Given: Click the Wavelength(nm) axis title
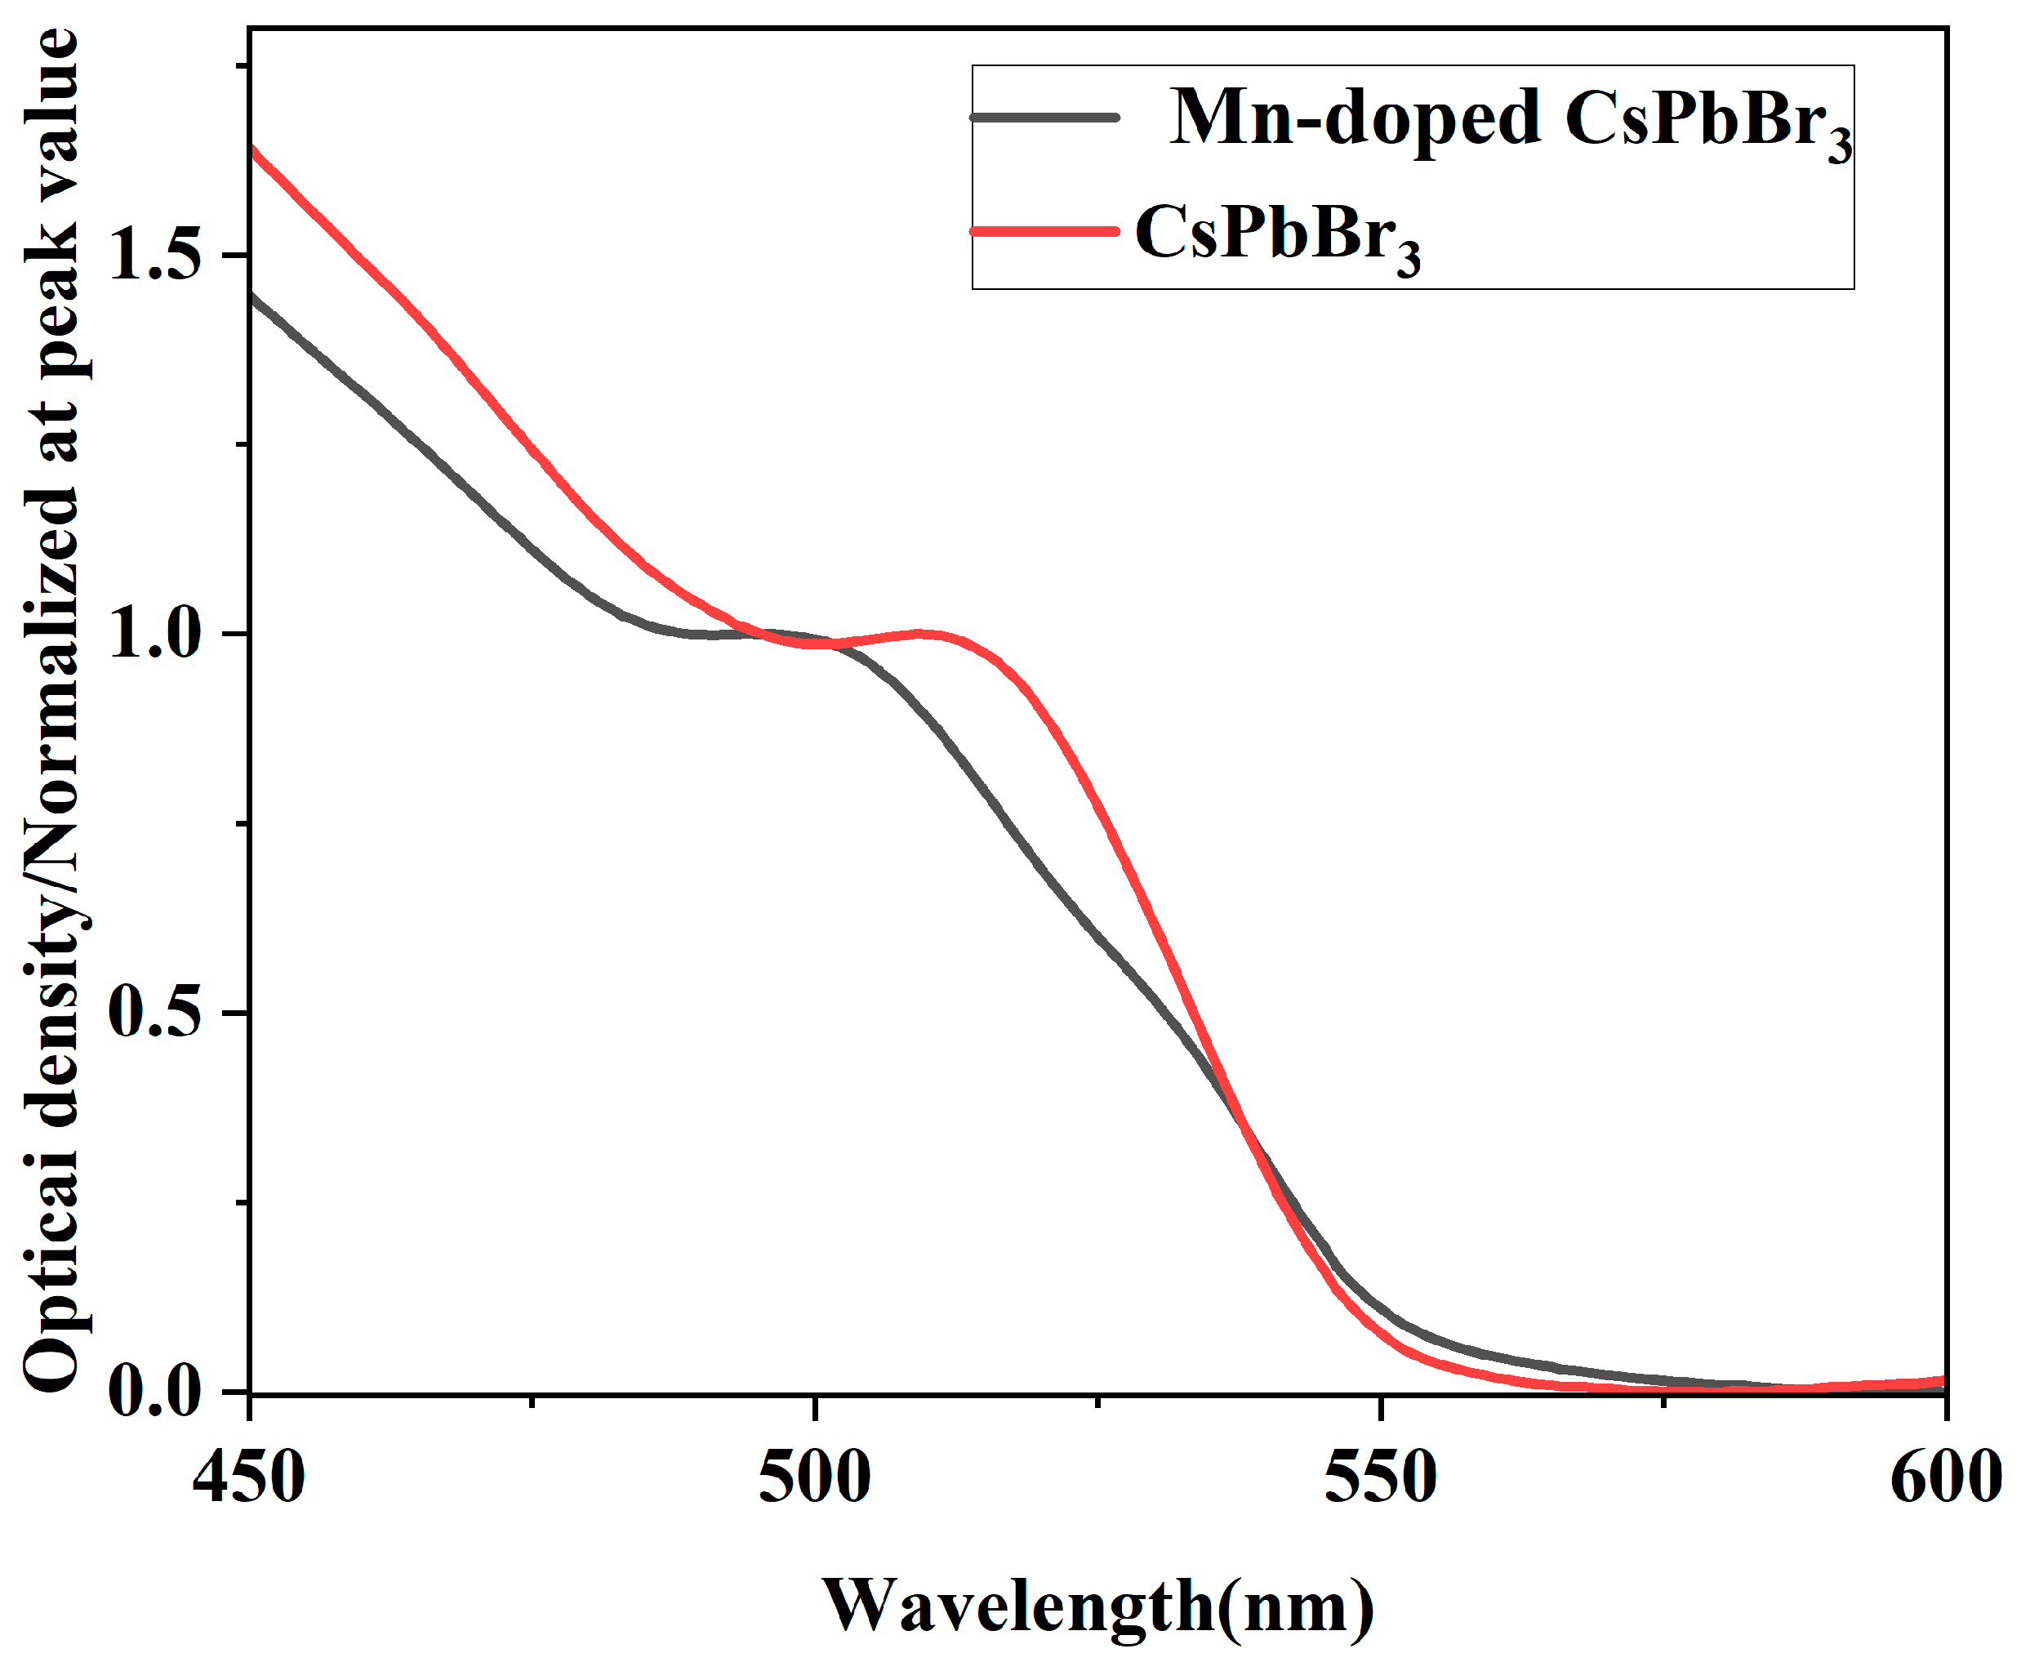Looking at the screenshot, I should pyautogui.click(x=1098, y=1606).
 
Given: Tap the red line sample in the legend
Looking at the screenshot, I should pyautogui.click(x=1044, y=231).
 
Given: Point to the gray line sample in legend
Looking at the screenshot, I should pyautogui.click(x=1044, y=117).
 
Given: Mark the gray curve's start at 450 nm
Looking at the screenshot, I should pyautogui.click(x=251, y=294).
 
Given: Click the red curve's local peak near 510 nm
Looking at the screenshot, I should pyautogui.click(x=919, y=633).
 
